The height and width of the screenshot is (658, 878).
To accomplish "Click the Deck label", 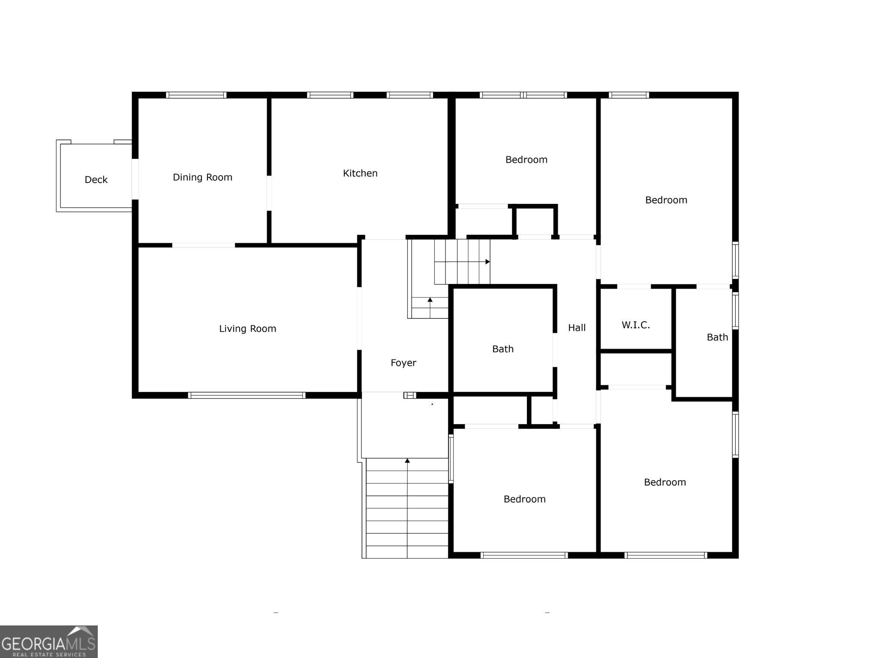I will [x=96, y=179].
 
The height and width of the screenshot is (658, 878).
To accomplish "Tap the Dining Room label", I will [x=202, y=177].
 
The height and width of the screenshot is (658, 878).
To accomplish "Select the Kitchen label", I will [x=360, y=173].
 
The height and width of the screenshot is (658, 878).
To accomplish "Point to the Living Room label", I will [x=247, y=329].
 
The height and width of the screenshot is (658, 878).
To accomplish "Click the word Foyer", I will [x=403, y=363].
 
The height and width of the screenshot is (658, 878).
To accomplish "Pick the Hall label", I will [x=577, y=328].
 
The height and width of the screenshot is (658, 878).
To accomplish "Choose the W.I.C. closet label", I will [x=635, y=325].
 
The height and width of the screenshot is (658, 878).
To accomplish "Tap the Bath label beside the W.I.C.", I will [x=717, y=337].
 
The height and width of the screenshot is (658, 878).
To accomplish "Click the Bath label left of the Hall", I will [x=502, y=349].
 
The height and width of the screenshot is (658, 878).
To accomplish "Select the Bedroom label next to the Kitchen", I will [x=526, y=160].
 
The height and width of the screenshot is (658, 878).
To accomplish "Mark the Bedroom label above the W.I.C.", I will [x=666, y=200].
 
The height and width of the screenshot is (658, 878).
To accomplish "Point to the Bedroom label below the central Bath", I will [x=524, y=499].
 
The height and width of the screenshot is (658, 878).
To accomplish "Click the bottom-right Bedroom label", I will [x=665, y=482].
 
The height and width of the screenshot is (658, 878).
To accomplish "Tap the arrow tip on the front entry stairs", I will [x=407, y=461].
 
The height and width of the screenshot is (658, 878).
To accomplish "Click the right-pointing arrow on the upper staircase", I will [x=487, y=262].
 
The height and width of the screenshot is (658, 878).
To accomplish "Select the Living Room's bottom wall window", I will [x=247, y=395].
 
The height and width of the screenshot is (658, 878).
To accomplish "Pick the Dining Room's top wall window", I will [x=196, y=95].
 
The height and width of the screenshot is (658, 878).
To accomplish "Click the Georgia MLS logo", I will [x=48, y=641].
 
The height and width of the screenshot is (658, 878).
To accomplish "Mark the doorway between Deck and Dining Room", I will [x=135, y=179].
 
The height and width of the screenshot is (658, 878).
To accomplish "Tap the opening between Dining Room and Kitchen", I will [x=269, y=193].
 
